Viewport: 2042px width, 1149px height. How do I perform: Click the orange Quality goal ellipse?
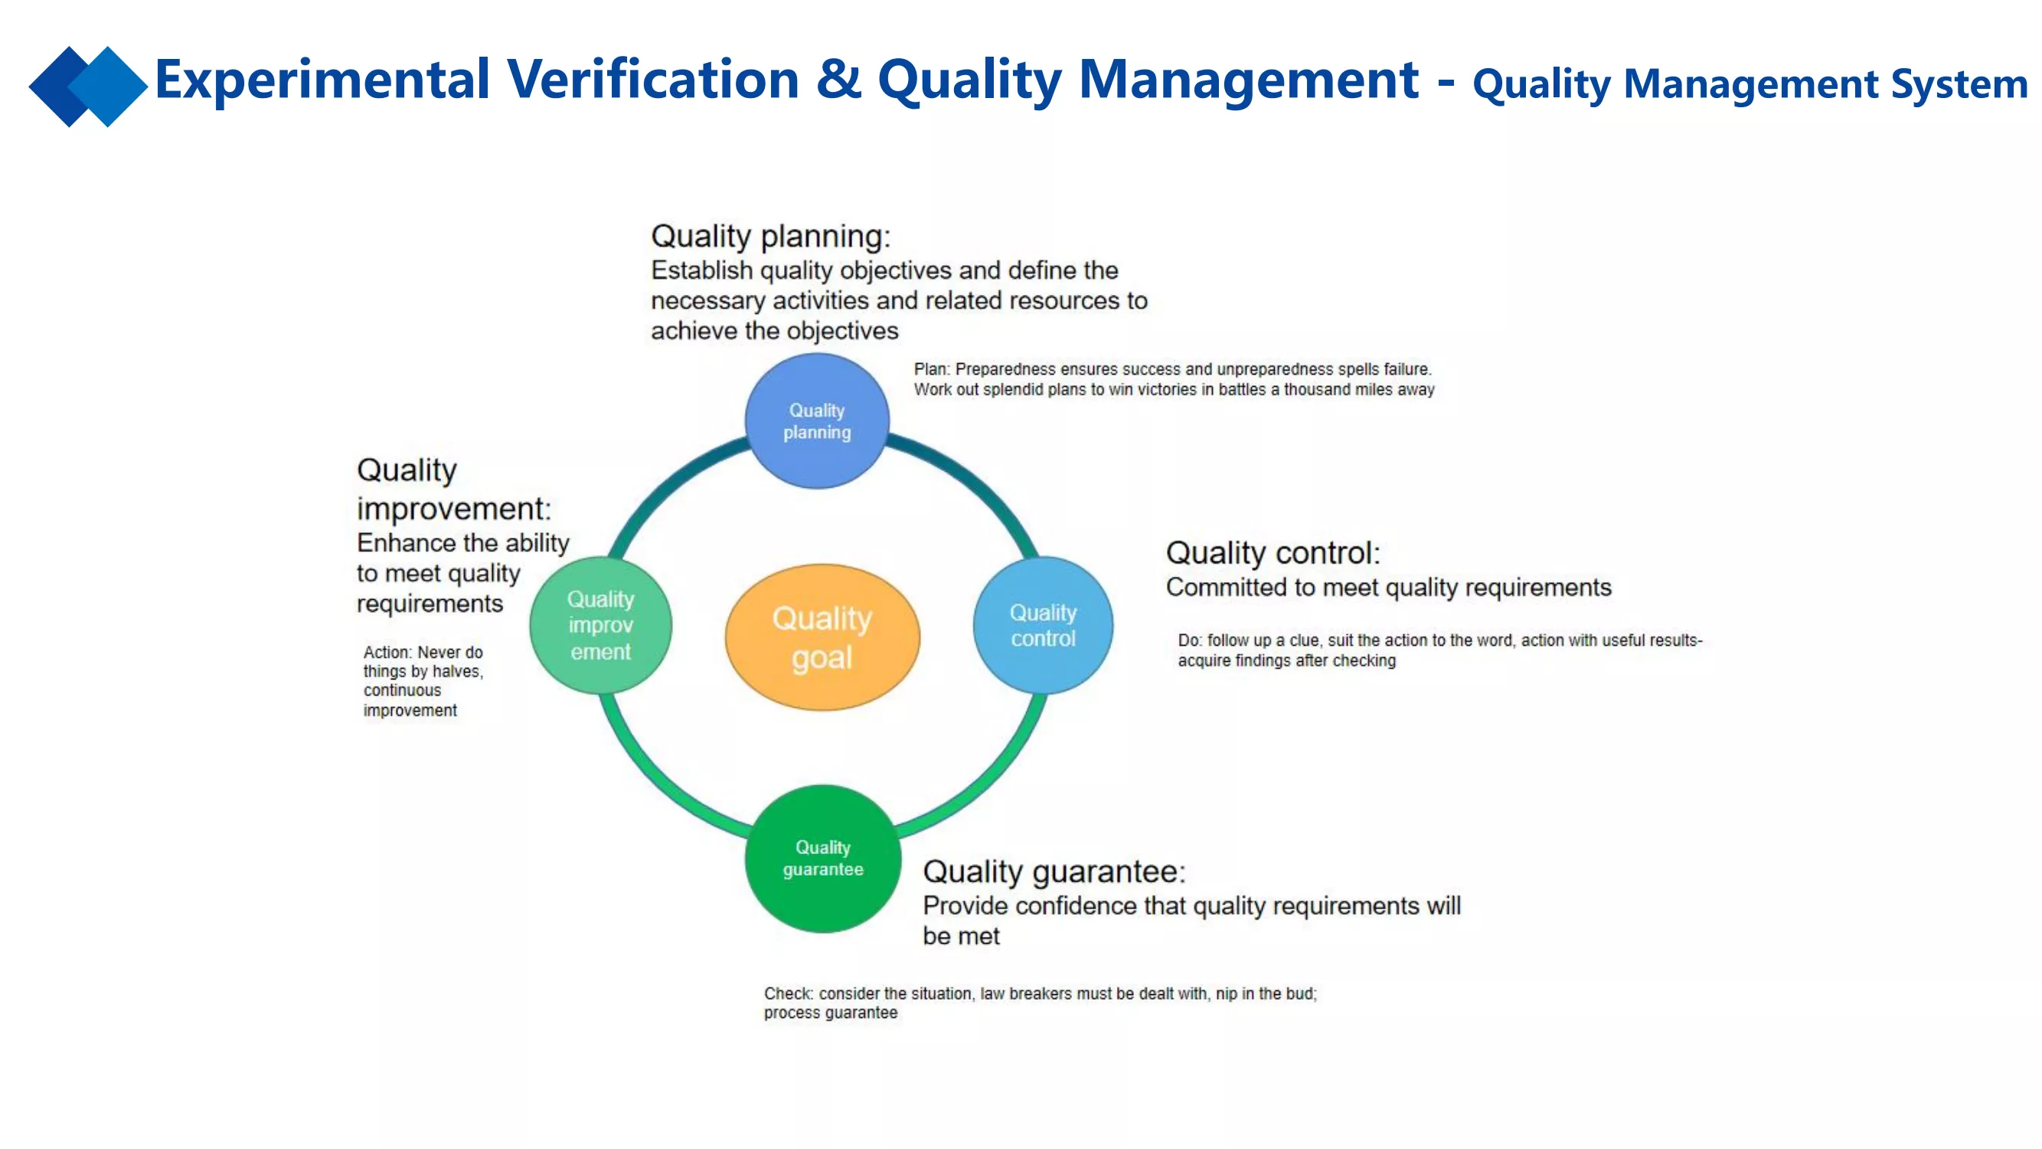point(822,637)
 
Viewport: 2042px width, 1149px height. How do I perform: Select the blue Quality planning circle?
point(817,421)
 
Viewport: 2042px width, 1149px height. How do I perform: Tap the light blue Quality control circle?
point(1043,625)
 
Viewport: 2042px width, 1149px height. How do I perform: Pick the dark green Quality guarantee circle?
point(823,858)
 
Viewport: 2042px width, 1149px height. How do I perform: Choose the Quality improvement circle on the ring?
point(601,625)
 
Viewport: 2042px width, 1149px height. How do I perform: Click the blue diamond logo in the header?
point(88,87)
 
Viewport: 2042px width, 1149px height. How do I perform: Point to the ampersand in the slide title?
point(838,80)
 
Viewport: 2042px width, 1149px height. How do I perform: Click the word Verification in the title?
point(653,80)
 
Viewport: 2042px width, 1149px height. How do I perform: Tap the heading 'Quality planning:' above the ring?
point(770,236)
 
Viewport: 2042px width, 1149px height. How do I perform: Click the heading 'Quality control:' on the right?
point(1273,553)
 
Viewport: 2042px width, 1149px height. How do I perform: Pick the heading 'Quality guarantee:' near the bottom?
point(1054,872)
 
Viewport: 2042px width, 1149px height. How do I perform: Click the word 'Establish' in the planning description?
point(702,270)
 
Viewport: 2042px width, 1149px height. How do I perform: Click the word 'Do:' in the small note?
point(1190,640)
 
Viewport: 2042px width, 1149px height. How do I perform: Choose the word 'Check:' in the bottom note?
point(789,994)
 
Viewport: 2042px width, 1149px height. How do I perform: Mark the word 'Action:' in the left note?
point(387,652)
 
